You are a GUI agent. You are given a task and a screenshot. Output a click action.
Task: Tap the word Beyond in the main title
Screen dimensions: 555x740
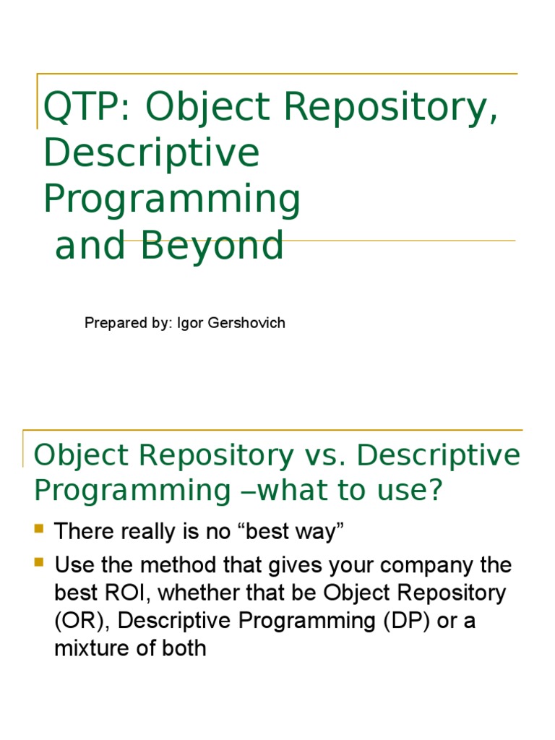click(x=212, y=245)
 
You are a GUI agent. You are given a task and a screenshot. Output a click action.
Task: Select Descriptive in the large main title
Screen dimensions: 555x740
click(x=152, y=153)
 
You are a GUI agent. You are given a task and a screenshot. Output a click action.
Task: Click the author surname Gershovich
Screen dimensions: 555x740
click(x=246, y=323)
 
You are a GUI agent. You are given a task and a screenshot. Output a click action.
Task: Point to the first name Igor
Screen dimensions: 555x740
click(x=190, y=323)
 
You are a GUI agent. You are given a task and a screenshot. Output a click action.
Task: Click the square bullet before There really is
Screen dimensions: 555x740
click(x=39, y=528)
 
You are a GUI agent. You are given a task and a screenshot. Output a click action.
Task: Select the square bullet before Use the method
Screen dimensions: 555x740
click(x=39, y=562)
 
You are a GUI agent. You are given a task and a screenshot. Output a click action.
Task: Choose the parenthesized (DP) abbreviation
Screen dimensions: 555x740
click(x=407, y=621)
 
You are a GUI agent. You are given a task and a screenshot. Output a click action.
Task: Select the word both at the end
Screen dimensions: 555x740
click(x=184, y=648)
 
